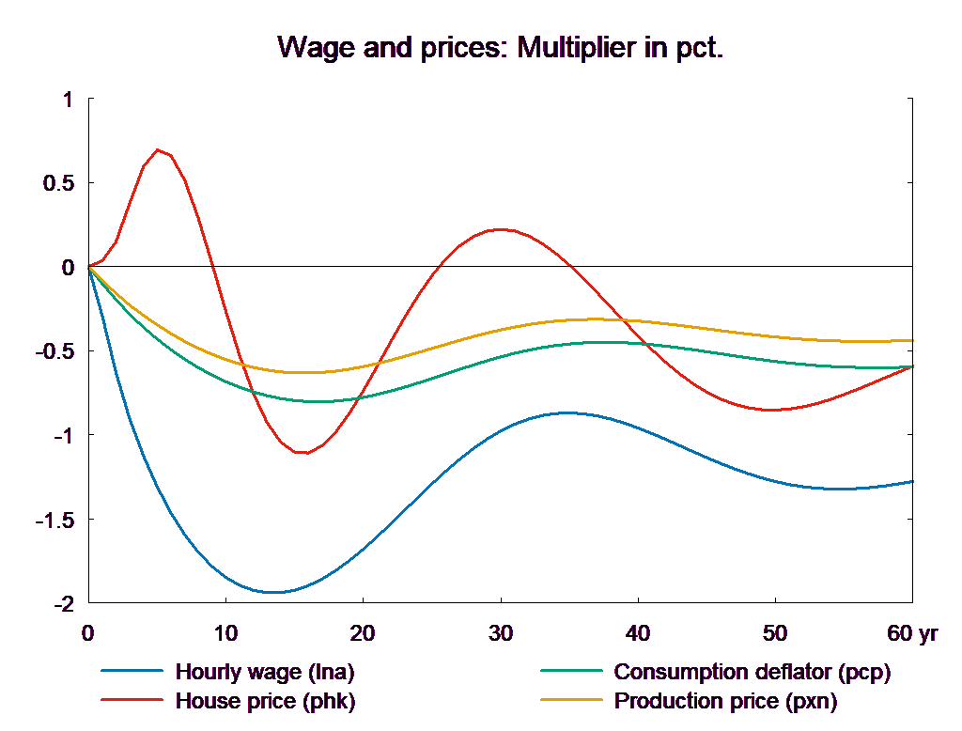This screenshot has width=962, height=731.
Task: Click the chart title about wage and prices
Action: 501,48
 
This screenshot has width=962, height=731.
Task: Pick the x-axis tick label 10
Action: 225,634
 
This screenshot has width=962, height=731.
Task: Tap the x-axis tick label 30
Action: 501,634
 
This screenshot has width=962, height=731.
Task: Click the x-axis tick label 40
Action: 638,634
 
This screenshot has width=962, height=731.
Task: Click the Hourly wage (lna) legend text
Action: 265,672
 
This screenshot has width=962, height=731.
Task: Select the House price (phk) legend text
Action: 266,701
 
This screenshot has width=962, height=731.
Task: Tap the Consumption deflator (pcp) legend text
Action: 751,672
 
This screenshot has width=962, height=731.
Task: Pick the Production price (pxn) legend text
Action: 724,701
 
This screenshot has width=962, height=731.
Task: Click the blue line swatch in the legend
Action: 132,672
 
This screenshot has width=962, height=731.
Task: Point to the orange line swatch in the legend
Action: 570,701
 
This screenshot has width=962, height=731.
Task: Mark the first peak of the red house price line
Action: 158,149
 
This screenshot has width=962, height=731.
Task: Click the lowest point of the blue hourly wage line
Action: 273,592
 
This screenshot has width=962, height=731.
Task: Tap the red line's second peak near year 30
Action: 501,229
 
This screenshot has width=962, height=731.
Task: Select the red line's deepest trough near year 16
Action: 303,453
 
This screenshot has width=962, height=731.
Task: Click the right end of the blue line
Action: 912,481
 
